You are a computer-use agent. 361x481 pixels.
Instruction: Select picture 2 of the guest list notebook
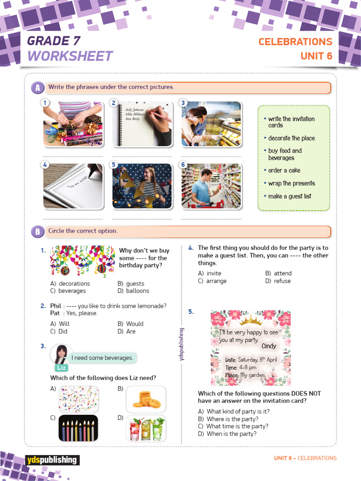pyautogui.click(x=141, y=124)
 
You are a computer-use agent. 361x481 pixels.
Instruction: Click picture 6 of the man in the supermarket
pyautogui.click(x=212, y=186)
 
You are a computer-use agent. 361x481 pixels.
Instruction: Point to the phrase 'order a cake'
pyautogui.click(x=284, y=171)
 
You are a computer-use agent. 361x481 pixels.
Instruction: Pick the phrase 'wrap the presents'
pyautogui.click(x=291, y=184)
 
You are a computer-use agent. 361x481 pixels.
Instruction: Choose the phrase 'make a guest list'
pyautogui.click(x=290, y=196)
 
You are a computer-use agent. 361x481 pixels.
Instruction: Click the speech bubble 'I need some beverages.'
pyautogui.click(x=102, y=358)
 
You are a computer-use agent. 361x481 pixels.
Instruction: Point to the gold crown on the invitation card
pyautogui.click(x=251, y=321)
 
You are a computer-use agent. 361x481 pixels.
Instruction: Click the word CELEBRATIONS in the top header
pyautogui.click(x=295, y=42)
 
